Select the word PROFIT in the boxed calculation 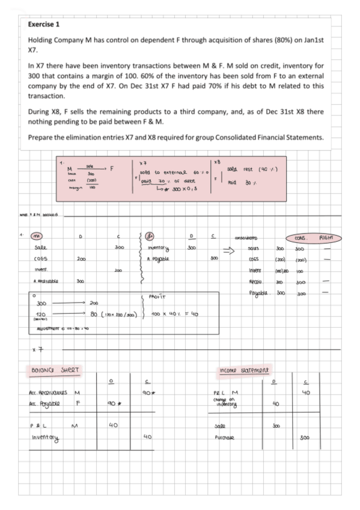point(156,296)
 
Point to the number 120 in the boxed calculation point(41,314)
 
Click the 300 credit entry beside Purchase point(305,438)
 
